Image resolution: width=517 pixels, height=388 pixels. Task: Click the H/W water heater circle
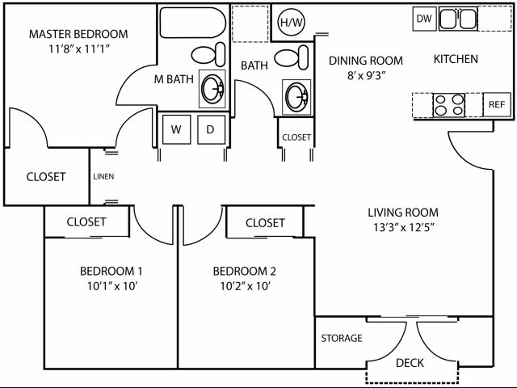288,22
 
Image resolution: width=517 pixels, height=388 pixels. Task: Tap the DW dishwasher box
423,19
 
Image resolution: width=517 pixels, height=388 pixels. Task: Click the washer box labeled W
176,129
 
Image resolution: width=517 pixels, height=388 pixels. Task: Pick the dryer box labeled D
210,129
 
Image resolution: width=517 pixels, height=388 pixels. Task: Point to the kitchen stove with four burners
450,105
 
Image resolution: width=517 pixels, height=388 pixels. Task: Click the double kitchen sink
457,19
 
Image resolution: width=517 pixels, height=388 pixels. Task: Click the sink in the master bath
212,88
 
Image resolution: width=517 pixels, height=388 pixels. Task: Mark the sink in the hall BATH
296,97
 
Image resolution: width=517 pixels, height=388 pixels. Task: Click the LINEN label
103,176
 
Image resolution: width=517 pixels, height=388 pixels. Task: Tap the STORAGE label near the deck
342,338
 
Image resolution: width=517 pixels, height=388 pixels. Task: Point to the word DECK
410,363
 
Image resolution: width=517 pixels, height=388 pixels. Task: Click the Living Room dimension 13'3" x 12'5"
401,227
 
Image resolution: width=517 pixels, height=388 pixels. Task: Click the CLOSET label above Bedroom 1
86,221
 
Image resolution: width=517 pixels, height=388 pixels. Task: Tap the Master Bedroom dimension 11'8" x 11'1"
78,48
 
